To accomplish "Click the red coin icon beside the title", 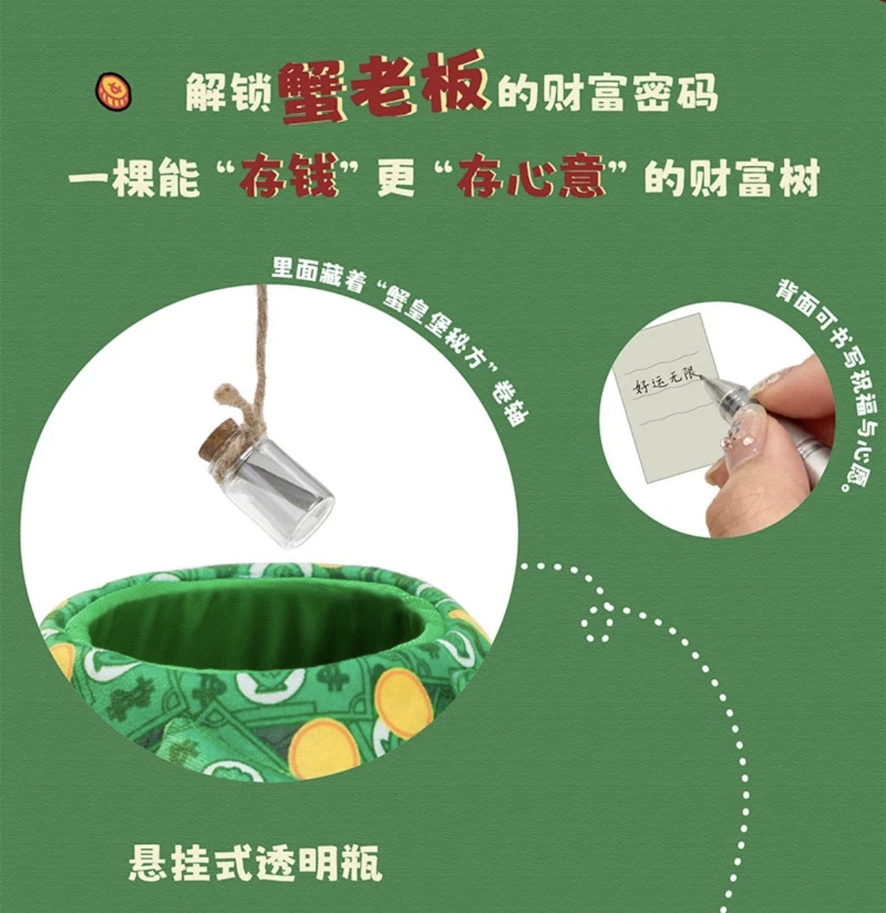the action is coord(113,91).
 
